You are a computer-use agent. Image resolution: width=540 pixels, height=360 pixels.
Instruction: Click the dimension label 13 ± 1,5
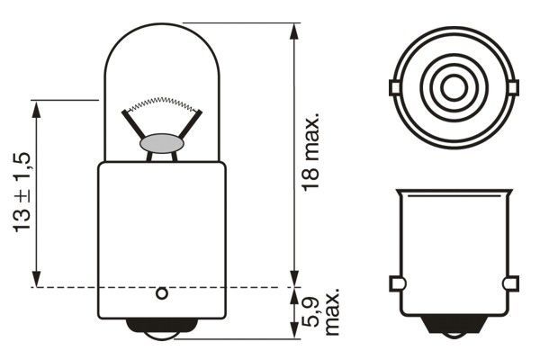22,193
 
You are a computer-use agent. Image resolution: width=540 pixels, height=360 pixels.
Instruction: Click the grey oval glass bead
162,143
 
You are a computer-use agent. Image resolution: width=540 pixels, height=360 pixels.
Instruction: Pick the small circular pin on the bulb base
162,292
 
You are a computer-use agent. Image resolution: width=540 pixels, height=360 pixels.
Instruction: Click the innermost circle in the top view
454,88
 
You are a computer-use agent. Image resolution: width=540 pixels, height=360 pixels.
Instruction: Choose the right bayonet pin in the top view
514,87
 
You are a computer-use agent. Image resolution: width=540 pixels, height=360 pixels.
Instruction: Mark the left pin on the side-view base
396,284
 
